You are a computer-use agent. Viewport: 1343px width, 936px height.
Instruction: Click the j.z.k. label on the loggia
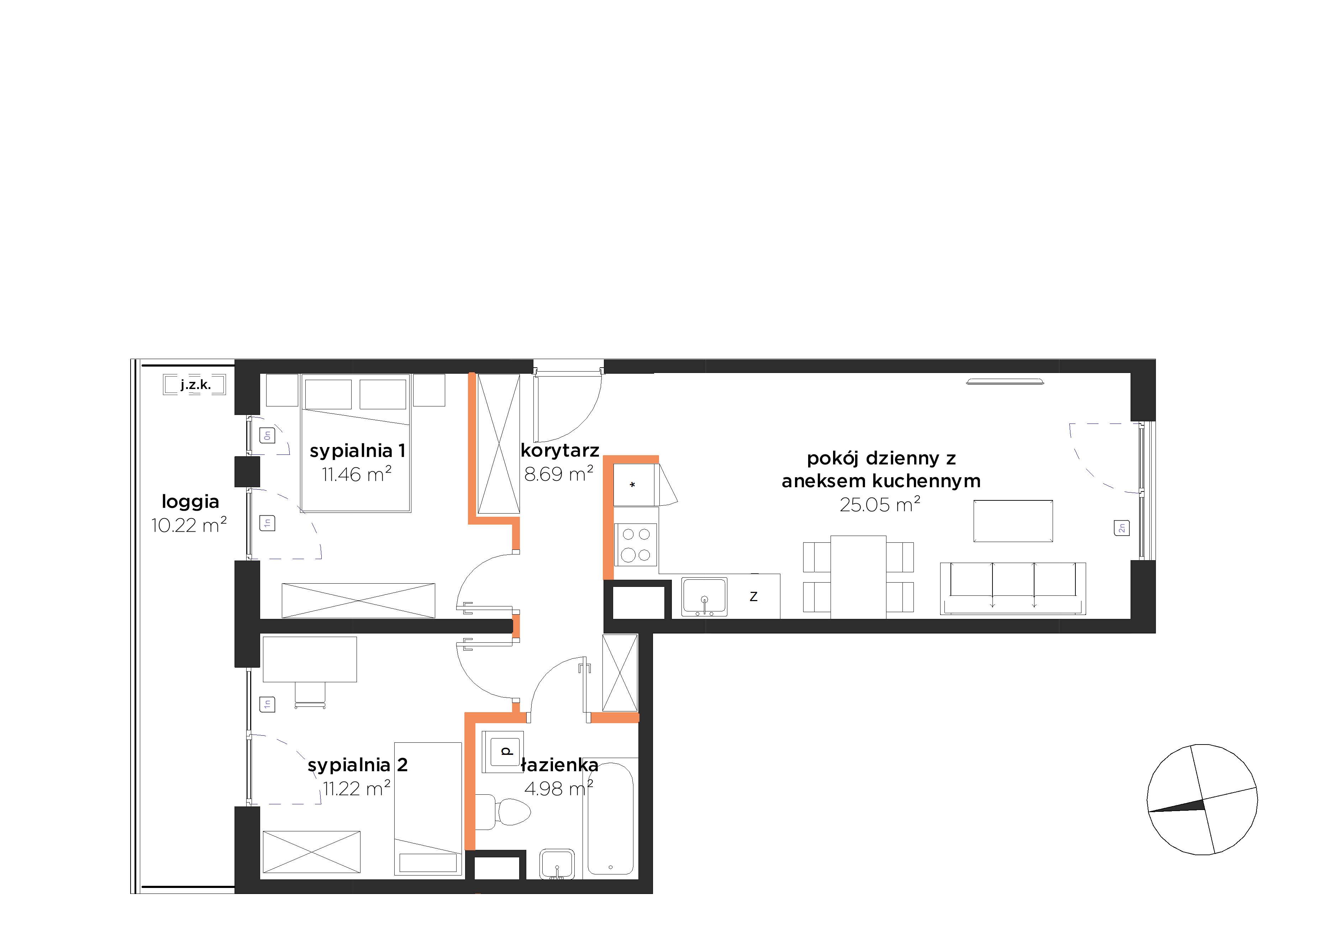tap(195, 385)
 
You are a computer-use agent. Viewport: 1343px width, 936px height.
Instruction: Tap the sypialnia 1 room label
tap(357, 451)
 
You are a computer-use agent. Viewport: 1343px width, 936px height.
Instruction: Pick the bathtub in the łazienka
tap(610, 818)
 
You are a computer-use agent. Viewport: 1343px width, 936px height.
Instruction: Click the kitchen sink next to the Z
tap(704, 597)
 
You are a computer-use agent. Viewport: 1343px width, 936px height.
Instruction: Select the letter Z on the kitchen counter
tap(753, 597)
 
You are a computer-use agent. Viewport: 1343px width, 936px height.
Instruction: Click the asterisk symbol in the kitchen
tap(632, 485)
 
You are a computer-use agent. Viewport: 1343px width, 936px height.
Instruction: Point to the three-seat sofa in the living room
tap(1012, 589)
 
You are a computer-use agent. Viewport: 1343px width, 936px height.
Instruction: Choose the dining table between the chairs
tap(858, 577)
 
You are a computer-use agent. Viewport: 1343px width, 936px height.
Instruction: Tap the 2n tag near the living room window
tap(1121, 528)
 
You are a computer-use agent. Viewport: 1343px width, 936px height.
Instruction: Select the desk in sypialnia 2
tap(310, 659)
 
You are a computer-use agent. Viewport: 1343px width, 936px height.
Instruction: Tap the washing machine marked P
tap(502, 750)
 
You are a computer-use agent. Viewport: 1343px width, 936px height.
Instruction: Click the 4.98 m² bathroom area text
tap(559, 789)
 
